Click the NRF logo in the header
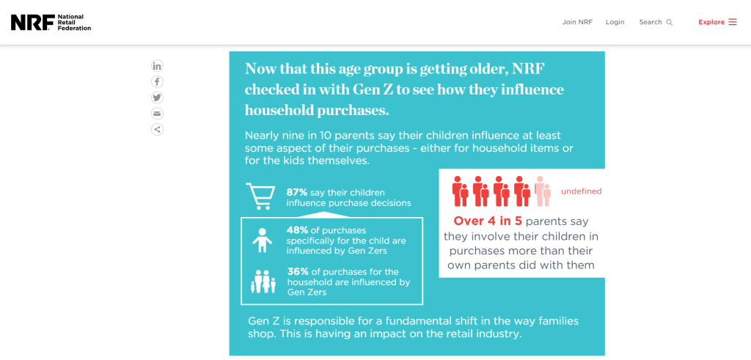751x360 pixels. click(51, 22)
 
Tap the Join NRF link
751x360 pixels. click(577, 22)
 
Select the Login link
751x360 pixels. click(615, 22)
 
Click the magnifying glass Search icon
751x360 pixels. click(670, 22)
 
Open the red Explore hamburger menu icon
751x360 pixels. click(733, 22)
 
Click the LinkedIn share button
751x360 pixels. click(157, 66)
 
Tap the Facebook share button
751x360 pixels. click(157, 82)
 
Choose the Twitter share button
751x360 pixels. click(157, 98)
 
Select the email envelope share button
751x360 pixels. click(157, 114)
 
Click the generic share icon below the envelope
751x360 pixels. click(157, 129)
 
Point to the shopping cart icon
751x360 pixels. click(260, 196)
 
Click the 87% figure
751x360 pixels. click(297, 192)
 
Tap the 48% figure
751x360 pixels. click(298, 230)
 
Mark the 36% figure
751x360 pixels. click(298, 272)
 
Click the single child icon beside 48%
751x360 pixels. click(262, 240)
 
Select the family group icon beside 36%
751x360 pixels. click(263, 282)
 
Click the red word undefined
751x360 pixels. click(582, 191)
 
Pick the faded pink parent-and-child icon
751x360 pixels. click(543, 191)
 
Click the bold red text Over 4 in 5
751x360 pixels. click(488, 221)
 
